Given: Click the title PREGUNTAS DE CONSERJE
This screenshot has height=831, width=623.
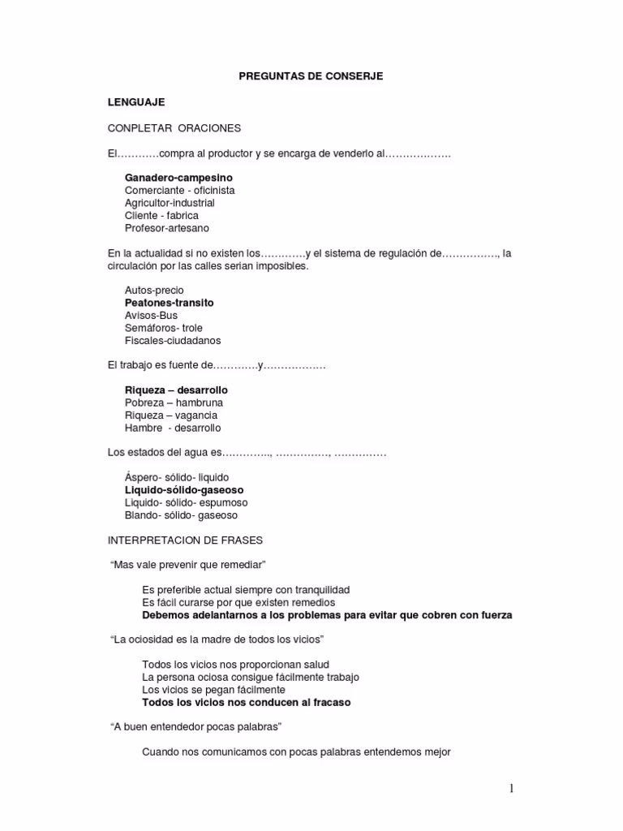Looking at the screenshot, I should (311, 76).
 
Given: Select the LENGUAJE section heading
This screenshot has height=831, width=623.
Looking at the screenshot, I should (136, 102).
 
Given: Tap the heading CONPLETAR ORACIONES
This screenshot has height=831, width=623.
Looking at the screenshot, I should (174, 128).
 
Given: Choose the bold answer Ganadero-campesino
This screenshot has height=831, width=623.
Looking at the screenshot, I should (178, 177).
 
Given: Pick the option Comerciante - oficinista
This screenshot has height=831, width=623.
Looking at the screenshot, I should (179, 190).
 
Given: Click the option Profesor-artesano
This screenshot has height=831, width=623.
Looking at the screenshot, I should (167, 228).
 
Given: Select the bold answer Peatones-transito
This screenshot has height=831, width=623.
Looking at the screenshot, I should (170, 303).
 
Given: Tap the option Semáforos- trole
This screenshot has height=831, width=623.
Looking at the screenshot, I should (164, 328).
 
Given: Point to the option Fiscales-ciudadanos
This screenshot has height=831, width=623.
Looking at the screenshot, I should (173, 341).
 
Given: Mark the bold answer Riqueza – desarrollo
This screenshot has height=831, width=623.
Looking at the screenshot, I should (176, 390).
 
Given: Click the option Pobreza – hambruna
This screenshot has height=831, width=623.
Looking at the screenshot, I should (174, 403).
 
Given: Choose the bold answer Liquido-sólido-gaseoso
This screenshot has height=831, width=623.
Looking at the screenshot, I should (184, 490).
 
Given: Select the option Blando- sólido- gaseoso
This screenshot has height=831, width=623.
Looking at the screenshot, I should (181, 515).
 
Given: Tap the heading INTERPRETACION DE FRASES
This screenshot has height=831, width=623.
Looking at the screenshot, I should (185, 540).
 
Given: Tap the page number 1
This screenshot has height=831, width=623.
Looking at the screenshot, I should (512, 788).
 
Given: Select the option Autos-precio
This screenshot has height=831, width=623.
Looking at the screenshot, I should (154, 291).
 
